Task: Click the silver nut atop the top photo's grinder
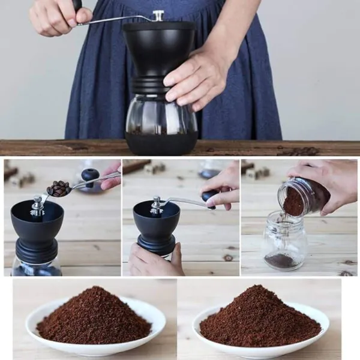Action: (x=158, y=15)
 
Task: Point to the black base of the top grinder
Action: (x=161, y=144)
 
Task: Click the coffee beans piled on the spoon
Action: (x=59, y=188)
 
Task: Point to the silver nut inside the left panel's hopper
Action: (x=38, y=206)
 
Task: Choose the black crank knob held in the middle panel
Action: (x=209, y=197)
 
